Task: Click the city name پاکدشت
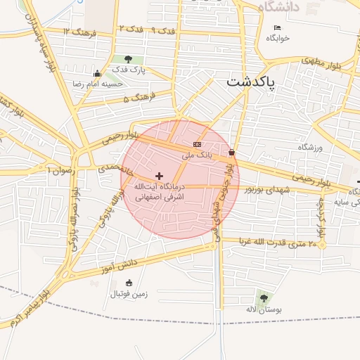[251, 82]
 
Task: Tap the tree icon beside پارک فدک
[128, 59]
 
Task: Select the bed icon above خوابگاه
[276, 27]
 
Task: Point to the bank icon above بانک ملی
[197, 144]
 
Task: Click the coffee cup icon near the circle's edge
[231, 152]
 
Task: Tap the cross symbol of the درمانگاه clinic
[159, 176]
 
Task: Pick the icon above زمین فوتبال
[128, 283]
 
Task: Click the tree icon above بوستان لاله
[264, 298]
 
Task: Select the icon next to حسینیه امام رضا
[97, 73]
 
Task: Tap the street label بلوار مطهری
[326, 64]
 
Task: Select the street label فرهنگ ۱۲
[79, 32]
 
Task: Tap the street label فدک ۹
[162, 30]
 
